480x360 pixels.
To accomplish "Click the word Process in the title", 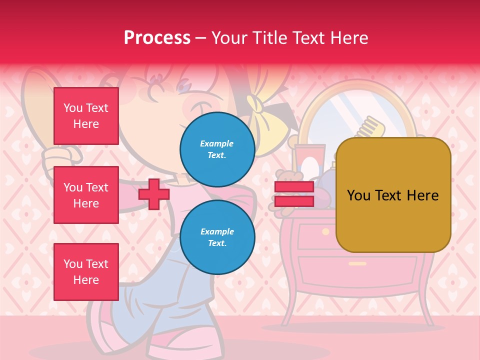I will [x=157, y=38].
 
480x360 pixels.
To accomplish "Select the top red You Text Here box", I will [x=86, y=116].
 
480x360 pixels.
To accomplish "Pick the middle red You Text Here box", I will [x=86, y=195].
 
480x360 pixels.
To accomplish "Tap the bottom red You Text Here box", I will [x=86, y=271].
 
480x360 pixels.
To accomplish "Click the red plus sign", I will [x=153, y=194].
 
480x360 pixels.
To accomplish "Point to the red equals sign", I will [x=294, y=194].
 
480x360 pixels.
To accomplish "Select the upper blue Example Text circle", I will [x=217, y=149].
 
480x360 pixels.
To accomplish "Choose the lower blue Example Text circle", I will [x=217, y=237].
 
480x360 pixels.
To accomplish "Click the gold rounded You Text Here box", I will [x=393, y=195].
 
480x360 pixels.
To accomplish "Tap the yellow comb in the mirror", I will [x=372, y=127].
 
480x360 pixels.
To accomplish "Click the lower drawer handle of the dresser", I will [x=357, y=263].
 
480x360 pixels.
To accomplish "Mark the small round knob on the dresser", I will [x=325, y=231].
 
